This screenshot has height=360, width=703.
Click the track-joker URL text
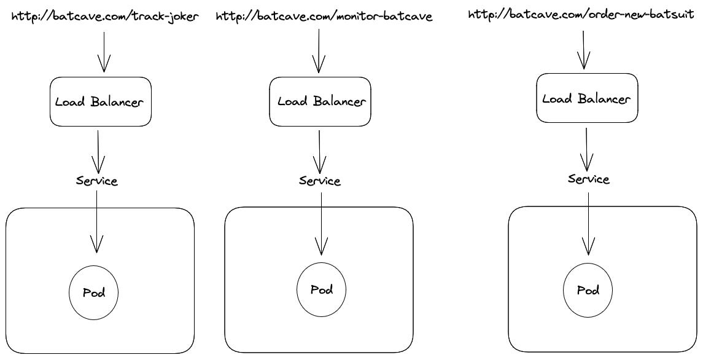[106, 17]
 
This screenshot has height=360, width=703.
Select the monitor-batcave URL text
[324, 17]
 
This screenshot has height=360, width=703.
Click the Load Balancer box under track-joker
[99, 101]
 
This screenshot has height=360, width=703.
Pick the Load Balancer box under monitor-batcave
[320, 101]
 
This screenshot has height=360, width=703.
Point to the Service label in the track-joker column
[97, 181]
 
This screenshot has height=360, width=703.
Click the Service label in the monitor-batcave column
[320, 181]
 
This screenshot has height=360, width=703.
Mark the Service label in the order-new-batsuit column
[588, 179]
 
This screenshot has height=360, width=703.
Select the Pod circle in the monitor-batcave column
[321, 289]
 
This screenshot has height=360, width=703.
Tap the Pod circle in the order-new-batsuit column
[588, 291]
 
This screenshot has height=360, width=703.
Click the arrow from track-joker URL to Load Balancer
[103, 52]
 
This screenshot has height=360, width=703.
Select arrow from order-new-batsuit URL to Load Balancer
[584, 49]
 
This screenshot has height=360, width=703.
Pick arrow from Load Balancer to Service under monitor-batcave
[319, 151]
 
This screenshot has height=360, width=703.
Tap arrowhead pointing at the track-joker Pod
[96, 246]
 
